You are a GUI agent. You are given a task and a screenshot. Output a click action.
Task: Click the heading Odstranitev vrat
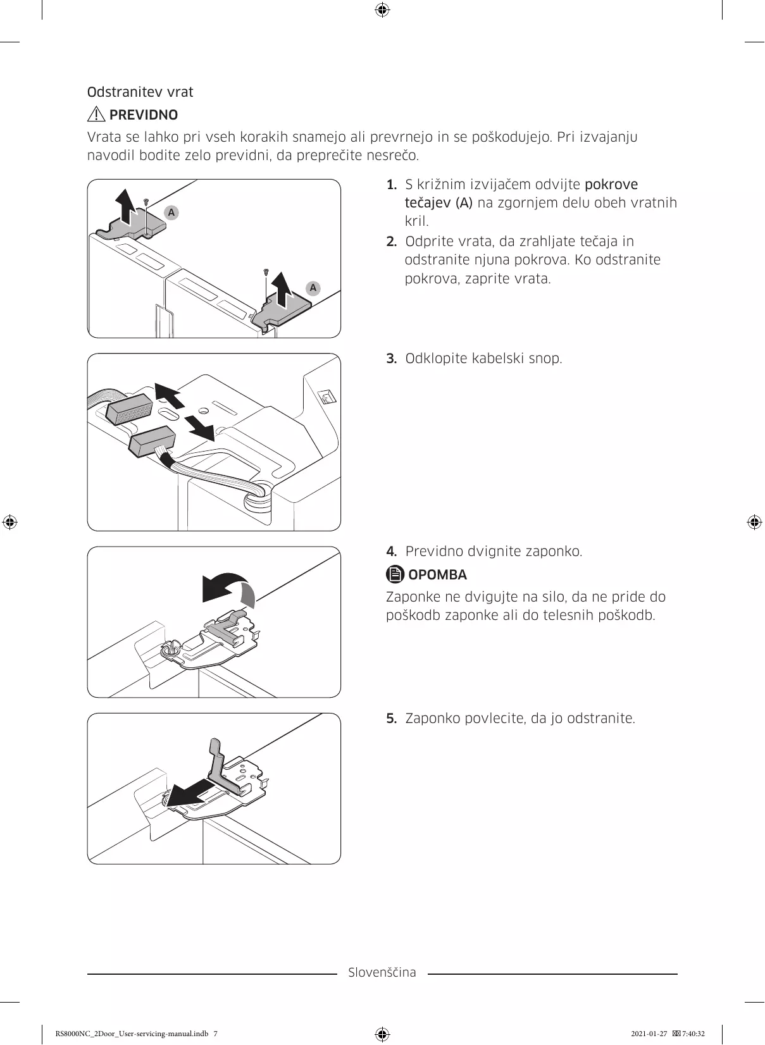(x=140, y=92)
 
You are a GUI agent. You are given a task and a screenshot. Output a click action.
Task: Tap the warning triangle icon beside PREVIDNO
(x=96, y=114)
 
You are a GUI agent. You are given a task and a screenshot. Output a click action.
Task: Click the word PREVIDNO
(x=144, y=115)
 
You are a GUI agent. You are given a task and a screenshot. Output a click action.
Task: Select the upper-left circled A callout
(x=171, y=213)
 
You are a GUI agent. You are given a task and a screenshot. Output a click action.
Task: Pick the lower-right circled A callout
(x=313, y=288)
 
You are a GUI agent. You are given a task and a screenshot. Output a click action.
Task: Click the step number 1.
(x=392, y=185)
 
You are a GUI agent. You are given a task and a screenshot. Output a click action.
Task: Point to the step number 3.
(x=392, y=359)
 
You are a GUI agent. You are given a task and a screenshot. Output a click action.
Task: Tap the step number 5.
(x=392, y=719)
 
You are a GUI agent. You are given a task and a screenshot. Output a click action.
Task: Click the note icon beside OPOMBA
(x=395, y=574)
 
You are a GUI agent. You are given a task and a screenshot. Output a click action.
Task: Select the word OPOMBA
(x=438, y=575)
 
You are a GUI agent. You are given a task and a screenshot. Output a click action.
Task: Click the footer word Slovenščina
(x=382, y=972)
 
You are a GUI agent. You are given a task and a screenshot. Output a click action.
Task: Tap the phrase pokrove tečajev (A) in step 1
(x=521, y=194)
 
